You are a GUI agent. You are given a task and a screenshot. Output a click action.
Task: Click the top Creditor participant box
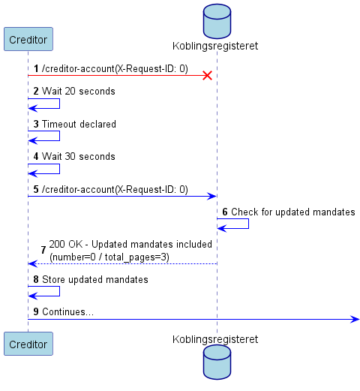[28, 39]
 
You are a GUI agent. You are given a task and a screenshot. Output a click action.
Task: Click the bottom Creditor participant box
[28, 344]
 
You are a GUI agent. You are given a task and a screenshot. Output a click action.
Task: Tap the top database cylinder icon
[217, 21]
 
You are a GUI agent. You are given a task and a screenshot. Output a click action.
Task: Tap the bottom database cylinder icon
[217, 362]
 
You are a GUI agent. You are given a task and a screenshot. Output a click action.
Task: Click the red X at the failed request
[207, 75]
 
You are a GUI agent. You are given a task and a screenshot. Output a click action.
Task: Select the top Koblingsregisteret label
[215, 46]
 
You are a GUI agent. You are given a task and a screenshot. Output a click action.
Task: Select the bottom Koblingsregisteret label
[215, 339]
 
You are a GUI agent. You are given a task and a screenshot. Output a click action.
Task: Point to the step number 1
[36, 68]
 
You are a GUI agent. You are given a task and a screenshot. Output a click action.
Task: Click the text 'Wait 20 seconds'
[79, 91]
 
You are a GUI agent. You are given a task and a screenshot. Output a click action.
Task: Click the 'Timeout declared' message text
[79, 124]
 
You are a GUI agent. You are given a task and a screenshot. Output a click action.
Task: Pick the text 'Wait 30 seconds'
[79, 156]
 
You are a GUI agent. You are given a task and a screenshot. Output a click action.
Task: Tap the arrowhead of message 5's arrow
[212, 197]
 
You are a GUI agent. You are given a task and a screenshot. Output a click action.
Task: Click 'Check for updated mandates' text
[293, 212]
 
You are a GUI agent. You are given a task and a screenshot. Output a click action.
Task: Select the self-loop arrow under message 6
[248, 224]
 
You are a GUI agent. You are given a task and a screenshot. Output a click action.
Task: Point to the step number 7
[43, 250]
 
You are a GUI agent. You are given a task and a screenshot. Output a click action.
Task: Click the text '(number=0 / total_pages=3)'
[109, 257]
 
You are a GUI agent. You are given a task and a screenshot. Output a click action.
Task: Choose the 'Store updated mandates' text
[95, 279]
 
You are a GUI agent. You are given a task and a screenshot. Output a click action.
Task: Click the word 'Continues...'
[67, 311]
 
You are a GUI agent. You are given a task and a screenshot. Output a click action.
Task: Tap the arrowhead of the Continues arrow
[355, 319]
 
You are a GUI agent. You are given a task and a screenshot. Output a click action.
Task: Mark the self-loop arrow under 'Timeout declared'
[59, 136]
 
